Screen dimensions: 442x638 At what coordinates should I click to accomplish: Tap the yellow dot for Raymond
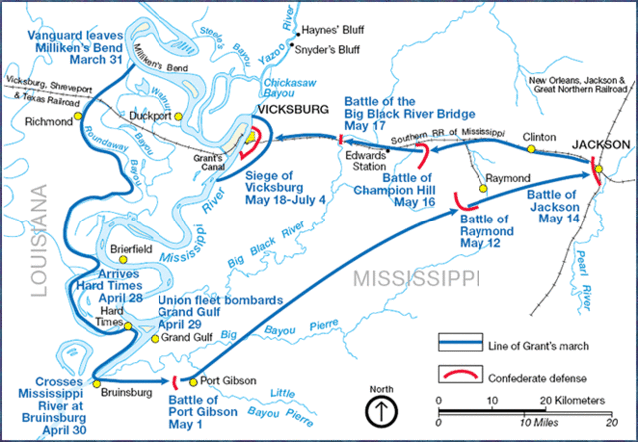coord(482,186)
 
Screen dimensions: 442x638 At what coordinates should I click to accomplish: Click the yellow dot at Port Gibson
coord(195,380)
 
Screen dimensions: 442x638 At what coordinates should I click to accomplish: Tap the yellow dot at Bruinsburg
coord(95,380)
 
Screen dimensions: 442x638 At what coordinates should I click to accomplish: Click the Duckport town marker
coord(179,116)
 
